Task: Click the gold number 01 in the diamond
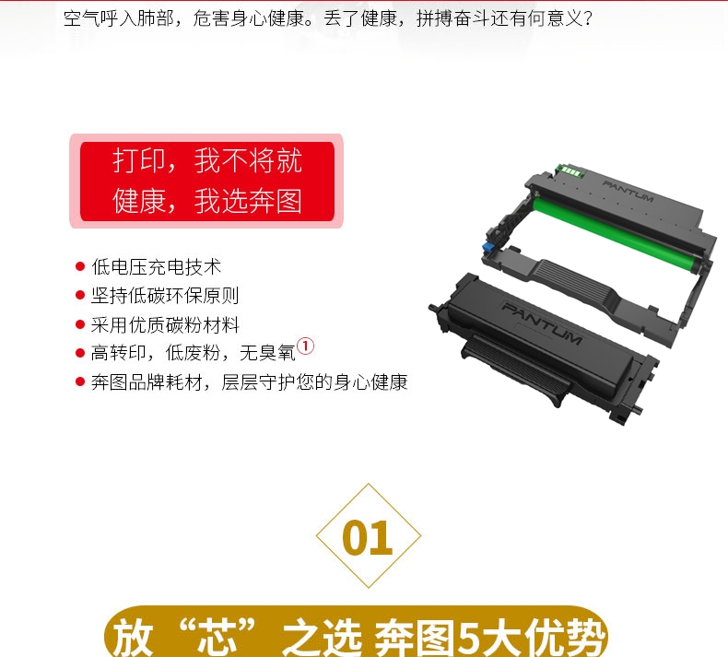[368, 537]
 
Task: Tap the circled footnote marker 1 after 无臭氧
[305, 346]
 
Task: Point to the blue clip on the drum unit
[488, 246]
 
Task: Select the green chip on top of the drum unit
[570, 170]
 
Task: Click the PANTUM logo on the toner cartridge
[541, 323]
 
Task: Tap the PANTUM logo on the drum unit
[628, 191]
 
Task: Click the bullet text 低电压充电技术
[156, 266]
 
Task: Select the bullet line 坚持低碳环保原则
[165, 295]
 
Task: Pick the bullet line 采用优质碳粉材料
[165, 324]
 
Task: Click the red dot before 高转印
[80, 353]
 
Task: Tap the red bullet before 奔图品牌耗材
[80, 381]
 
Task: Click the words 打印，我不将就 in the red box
[207, 160]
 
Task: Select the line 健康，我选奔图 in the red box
[207, 201]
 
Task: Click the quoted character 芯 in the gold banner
[217, 637]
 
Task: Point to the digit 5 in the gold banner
[472, 637]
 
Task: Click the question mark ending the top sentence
[588, 18]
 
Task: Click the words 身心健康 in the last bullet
[370, 382]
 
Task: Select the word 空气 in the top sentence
[81, 18]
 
